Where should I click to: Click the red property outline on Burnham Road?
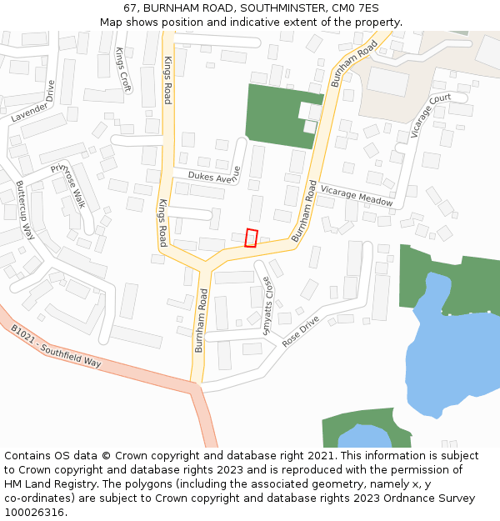pyautogui.click(x=252, y=238)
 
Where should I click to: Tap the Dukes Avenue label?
pyautogui.click(x=214, y=176)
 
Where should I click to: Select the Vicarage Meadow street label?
pyautogui.click(x=356, y=196)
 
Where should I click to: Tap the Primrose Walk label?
pyautogui.click(x=69, y=185)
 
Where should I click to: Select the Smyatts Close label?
pyautogui.click(x=267, y=306)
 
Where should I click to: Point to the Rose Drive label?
pyautogui.click(x=301, y=331)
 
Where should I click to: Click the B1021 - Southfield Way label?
pyautogui.click(x=56, y=346)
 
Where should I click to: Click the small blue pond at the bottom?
pyautogui.click(x=364, y=436)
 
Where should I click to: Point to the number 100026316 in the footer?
pyautogui.click(x=35, y=512)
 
